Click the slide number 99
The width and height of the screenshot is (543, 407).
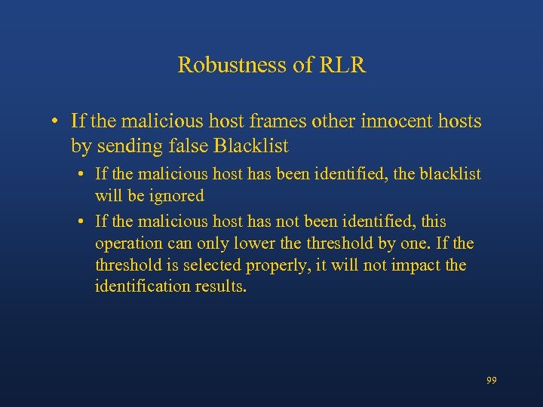pyautogui.click(x=491, y=381)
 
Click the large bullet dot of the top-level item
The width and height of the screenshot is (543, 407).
pyautogui.click(x=57, y=121)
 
